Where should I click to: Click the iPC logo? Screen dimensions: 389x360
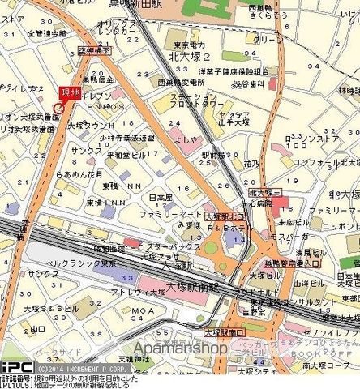(16, 366)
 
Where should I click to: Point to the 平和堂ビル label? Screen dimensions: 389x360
(129, 154)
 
